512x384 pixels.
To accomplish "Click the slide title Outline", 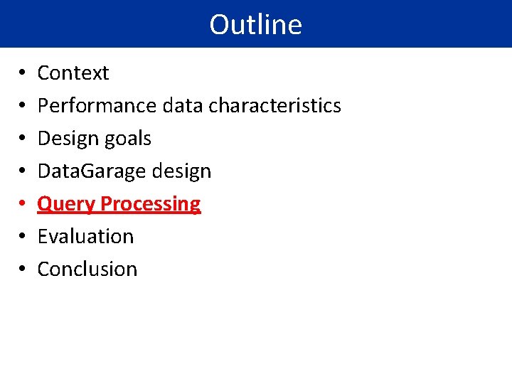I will click(x=255, y=24).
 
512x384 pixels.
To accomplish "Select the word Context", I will click(x=73, y=73).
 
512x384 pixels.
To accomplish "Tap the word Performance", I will click(x=97, y=106).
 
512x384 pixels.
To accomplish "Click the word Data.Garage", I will click(x=92, y=171).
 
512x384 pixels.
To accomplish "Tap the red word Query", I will click(x=65, y=204).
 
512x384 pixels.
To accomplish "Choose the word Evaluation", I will click(x=85, y=236).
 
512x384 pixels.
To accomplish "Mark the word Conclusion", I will click(x=87, y=269).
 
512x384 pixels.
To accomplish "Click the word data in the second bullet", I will click(x=183, y=106).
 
